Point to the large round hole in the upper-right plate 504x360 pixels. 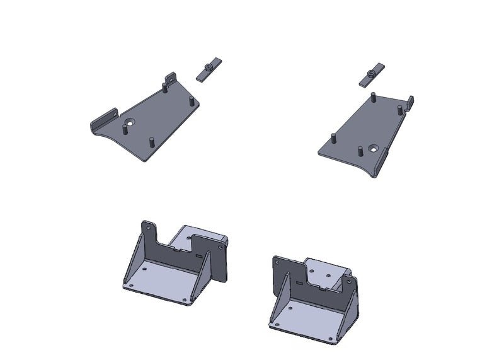click(374, 149)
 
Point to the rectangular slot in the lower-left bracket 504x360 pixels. click(200, 257)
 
